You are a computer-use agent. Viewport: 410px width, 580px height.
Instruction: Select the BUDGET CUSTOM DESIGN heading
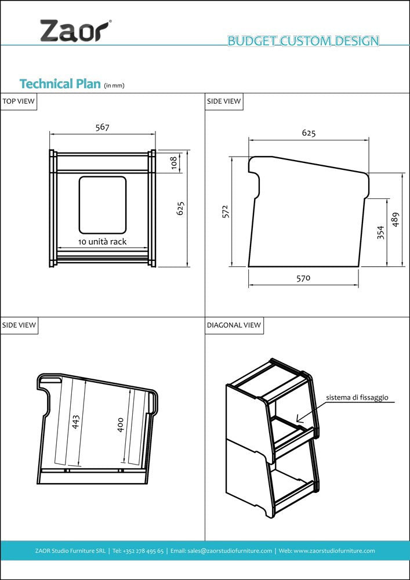pyautogui.click(x=303, y=41)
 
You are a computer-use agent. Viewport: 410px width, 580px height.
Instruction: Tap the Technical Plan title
pyautogui.click(x=60, y=84)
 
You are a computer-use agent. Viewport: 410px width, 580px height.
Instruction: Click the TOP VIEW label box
pyautogui.click(x=19, y=101)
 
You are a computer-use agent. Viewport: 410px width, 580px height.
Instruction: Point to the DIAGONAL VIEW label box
pyautogui.click(x=234, y=325)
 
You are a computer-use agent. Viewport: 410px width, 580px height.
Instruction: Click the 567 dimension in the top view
pyautogui.click(x=102, y=127)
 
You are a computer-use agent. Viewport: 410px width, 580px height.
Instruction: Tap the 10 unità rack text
pyautogui.click(x=102, y=241)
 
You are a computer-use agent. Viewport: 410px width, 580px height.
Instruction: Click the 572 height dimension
pyautogui.click(x=226, y=212)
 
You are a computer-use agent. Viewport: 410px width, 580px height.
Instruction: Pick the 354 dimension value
pyautogui.click(x=380, y=233)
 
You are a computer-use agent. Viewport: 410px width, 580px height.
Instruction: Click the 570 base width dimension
pyautogui.click(x=303, y=278)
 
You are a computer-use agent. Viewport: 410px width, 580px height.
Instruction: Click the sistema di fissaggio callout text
pyautogui.click(x=357, y=398)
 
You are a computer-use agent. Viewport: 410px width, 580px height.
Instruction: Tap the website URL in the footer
pyautogui.click(x=334, y=550)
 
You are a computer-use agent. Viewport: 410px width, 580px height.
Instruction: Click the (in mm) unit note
pyautogui.click(x=114, y=86)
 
